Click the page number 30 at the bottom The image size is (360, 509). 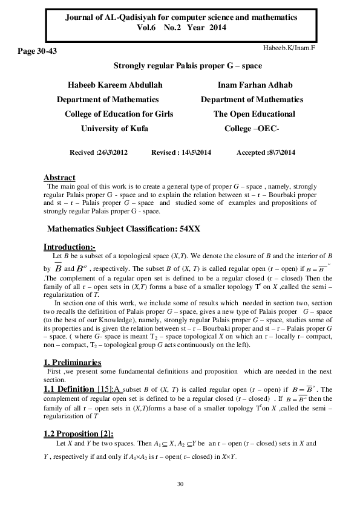(180, 484)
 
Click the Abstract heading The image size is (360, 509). (59, 177)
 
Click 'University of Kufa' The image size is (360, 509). (114, 128)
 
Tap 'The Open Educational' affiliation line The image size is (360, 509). (254, 114)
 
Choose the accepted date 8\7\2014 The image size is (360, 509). (279, 153)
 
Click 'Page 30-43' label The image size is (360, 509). (38, 52)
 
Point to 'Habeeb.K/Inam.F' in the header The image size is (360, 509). (290, 47)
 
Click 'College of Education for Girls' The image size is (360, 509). (119, 114)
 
